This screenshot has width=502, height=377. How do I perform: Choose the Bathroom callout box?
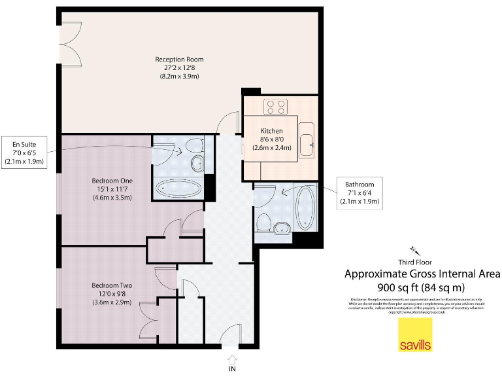tap(360, 193)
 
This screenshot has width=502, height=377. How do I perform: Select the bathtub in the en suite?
tap(179, 189)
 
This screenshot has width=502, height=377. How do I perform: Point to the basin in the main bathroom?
tap(282, 228)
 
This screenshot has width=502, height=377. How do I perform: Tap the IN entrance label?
tap(232, 369)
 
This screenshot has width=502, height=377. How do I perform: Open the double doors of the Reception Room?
tap(68, 43)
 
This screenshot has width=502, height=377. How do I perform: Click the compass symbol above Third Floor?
tap(414, 249)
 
